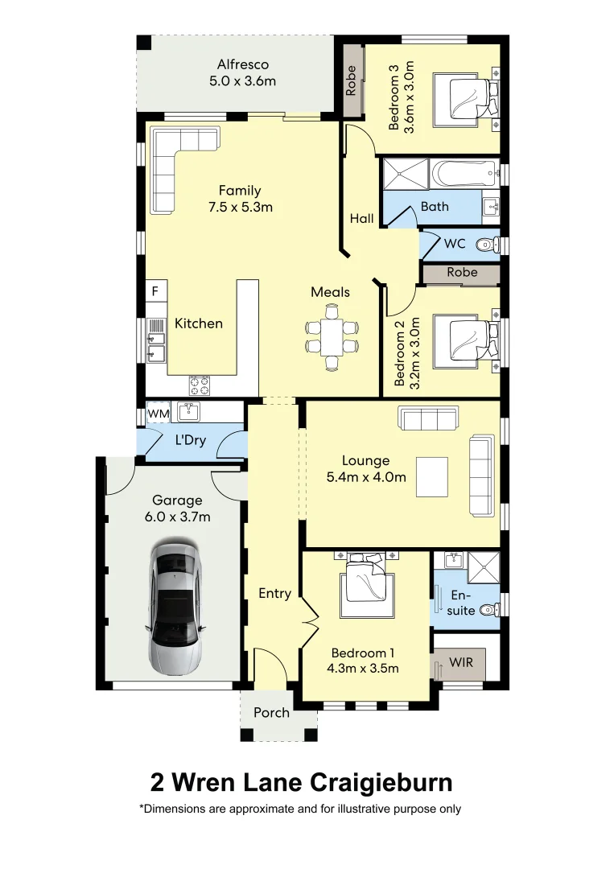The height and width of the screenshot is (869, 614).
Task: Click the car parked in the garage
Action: pos(174,608)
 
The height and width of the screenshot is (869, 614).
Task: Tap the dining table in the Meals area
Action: pos(332,337)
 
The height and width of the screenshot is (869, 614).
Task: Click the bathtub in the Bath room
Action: pos(464,174)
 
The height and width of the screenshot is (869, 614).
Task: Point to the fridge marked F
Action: pos(156,291)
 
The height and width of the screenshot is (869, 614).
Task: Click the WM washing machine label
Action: pos(159,414)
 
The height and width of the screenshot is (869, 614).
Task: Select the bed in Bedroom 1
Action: pos(366,587)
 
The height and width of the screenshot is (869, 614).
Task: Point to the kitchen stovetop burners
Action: pos(200,385)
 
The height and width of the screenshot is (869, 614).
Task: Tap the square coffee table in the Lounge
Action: pos(431,476)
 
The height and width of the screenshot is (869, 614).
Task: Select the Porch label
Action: pos(271,713)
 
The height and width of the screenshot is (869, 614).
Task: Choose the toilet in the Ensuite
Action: pos(490,610)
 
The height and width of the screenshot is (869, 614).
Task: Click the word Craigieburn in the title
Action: pos(381,783)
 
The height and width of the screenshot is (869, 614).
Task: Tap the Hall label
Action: pos(362,219)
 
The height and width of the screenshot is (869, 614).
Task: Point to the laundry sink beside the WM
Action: pos(189,412)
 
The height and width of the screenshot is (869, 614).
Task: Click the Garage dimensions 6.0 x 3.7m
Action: pos(177,517)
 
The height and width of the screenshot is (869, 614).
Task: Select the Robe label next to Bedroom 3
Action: pos(351,81)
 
